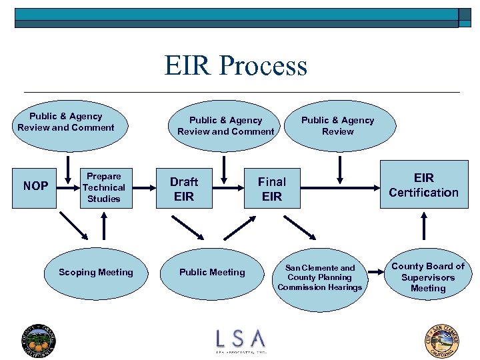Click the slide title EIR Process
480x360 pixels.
(236, 66)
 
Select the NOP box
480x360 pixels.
(35, 186)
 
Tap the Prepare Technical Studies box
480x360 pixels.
(103, 187)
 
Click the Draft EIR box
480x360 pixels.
(184, 188)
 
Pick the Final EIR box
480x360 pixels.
(271, 188)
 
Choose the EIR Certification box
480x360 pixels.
(423, 185)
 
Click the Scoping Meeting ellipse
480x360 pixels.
(95, 272)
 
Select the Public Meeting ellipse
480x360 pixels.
(212, 272)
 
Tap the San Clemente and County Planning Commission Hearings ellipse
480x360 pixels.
(320, 277)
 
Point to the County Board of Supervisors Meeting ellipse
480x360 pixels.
(427, 277)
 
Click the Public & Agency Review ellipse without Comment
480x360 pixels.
(337, 126)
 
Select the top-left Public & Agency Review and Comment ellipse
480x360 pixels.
(65, 122)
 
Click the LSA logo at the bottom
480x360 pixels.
(240, 339)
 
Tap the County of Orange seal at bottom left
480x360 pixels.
(39, 340)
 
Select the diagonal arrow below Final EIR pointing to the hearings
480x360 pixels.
(299, 226)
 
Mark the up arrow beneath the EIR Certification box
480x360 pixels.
(423, 226)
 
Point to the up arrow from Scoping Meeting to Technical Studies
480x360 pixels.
(104, 226)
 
